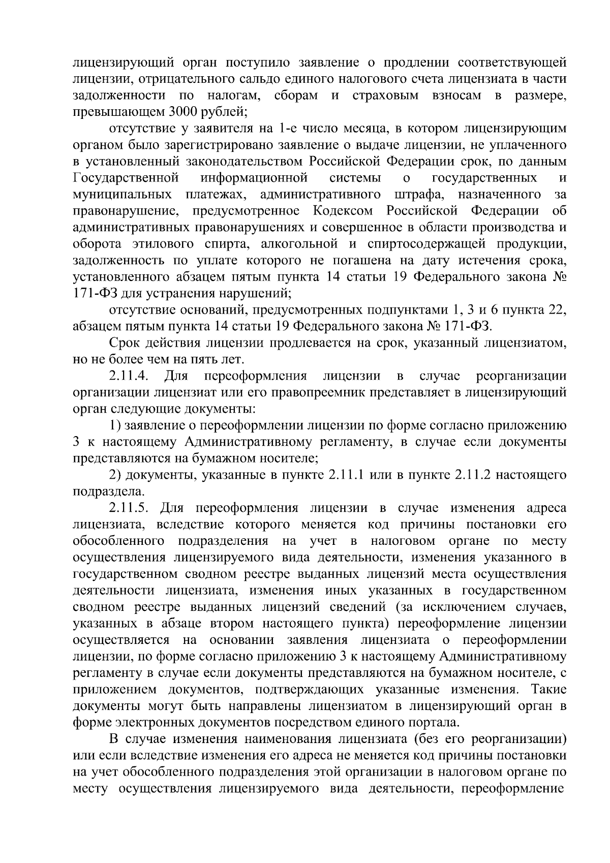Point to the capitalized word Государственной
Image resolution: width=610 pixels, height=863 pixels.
pos(126,178)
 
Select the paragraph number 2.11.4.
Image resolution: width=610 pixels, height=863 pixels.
pos(129,376)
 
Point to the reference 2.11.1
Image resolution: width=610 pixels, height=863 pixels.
pos(347,475)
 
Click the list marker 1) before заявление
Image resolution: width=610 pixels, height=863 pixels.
pos(115,425)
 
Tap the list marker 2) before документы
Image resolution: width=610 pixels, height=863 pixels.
pos(115,475)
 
